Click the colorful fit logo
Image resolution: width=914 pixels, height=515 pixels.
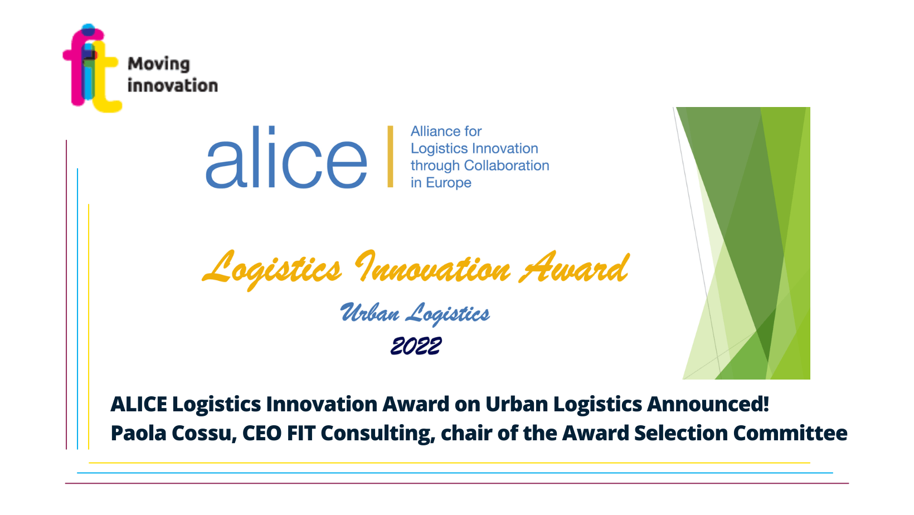pos(92,68)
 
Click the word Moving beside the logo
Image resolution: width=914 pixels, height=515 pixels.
pos(159,65)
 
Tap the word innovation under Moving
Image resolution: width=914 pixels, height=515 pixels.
pos(173,86)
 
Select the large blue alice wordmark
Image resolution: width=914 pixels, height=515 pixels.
pos(286,157)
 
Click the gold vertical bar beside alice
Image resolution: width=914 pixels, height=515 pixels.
pos(390,157)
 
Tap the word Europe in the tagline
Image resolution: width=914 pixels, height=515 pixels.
pos(449,183)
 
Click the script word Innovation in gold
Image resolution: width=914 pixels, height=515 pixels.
pos(433,268)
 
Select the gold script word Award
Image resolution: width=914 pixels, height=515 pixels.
pos(574,268)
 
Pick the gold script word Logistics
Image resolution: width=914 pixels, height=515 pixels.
pos(272,269)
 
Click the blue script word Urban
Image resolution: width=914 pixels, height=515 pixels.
pos(370,313)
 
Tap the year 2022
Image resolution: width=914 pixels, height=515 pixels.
pos(416,346)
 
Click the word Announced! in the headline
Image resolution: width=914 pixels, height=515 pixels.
pos(708,404)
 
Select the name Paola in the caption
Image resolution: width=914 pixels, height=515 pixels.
pos(138,433)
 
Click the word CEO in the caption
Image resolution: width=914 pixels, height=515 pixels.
pos(262,433)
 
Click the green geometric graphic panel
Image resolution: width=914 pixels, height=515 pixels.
pos(742,243)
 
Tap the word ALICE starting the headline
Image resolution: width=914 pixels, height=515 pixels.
pos(139,404)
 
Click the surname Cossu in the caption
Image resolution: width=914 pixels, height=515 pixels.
pos(203,434)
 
